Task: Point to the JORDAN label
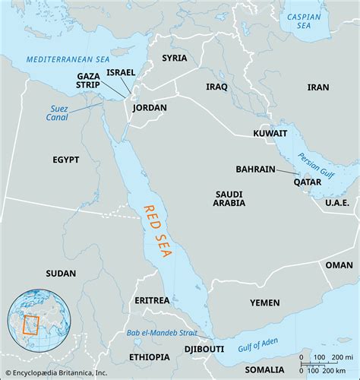149,108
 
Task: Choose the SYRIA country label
174,58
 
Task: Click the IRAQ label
216,87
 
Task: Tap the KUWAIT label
270,132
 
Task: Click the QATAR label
308,182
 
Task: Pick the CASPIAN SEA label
304,21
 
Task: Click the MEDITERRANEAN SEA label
58,59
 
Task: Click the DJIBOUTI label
204,349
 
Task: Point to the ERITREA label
152,300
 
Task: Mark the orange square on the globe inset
32,326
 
